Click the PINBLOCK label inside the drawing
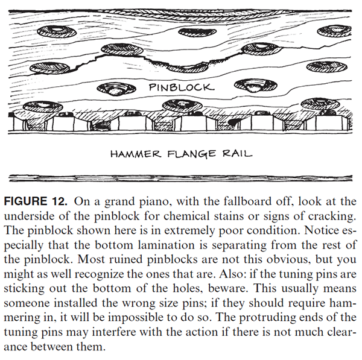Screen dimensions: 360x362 tap(181, 87)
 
